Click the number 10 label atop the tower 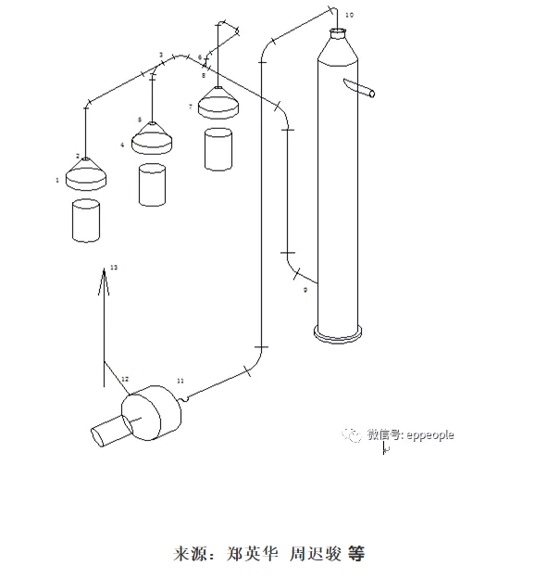click(348, 16)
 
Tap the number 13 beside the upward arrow click(114, 268)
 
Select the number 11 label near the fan click(180, 381)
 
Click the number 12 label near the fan click(126, 379)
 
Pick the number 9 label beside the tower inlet click(305, 290)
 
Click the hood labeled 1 click(85, 176)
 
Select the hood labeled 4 click(152, 141)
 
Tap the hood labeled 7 click(218, 103)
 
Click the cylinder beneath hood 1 click(85, 220)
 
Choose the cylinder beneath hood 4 click(152, 184)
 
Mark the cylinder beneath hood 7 click(218, 149)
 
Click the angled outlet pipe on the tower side click(359, 89)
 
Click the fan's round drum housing click(153, 413)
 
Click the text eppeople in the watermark click(429, 434)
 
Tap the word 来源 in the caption click(186, 555)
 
